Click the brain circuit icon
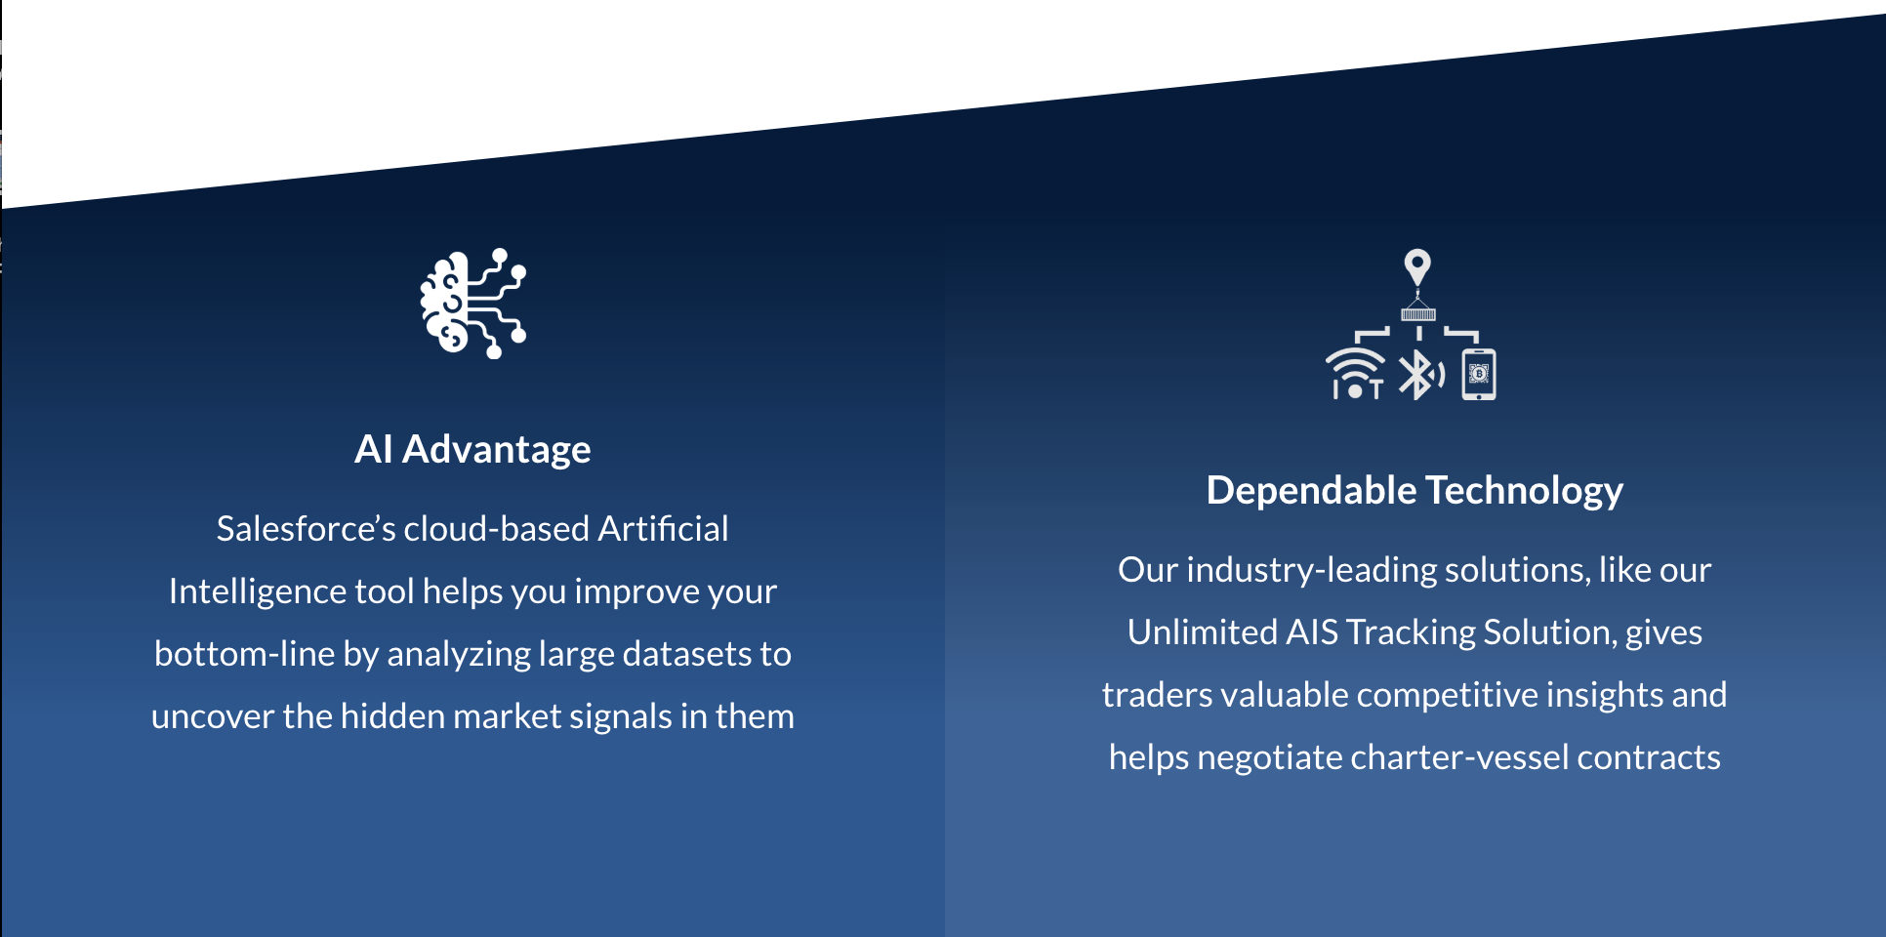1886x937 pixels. [473, 304]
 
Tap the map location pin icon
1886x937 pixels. [1417, 266]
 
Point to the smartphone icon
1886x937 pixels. [1479, 374]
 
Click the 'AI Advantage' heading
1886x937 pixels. [472, 449]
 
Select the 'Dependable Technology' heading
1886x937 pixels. [1414, 490]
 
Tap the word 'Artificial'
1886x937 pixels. [663, 528]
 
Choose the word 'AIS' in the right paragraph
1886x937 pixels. [1311, 631]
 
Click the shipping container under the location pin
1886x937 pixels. [1418, 313]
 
